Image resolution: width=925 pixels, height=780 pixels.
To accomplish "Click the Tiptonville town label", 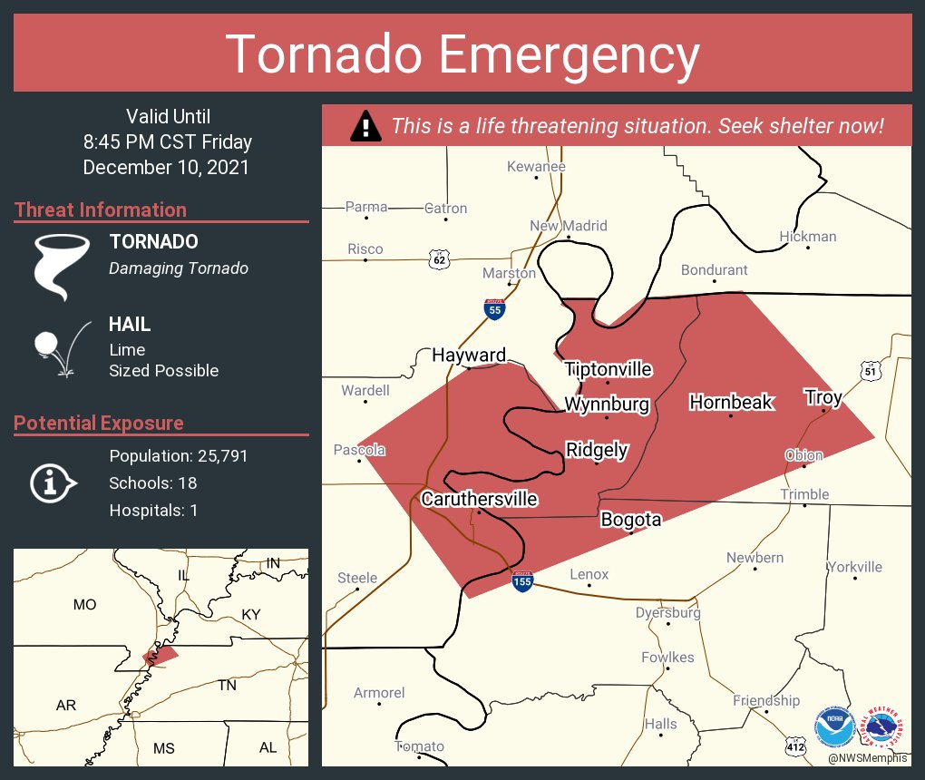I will (x=608, y=369).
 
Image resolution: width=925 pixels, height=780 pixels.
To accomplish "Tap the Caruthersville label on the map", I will (x=479, y=499).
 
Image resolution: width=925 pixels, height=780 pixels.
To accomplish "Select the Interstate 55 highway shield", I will (x=494, y=309).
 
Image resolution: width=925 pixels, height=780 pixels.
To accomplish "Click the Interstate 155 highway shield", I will (x=522, y=580).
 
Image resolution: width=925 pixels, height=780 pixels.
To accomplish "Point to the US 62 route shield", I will (x=440, y=260).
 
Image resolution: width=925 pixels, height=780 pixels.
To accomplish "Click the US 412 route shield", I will (x=795, y=746).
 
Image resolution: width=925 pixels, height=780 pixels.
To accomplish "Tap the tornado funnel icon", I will (x=62, y=265).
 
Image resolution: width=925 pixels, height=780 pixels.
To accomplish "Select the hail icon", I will (x=59, y=348).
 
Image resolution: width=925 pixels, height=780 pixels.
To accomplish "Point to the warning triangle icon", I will (x=365, y=125).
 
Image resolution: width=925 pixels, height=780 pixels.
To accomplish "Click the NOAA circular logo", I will (x=834, y=726).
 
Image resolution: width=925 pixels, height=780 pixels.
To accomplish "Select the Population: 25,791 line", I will (x=178, y=456).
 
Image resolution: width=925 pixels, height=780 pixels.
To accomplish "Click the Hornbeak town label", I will (x=731, y=402).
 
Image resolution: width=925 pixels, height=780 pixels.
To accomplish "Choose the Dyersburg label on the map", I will (x=667, y=613).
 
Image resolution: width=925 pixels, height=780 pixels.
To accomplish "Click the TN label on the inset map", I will (x=227, y=686).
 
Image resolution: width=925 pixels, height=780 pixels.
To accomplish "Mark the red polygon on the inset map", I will (x=161, y=656).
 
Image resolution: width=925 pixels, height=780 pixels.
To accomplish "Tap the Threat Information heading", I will (x=101, y=210).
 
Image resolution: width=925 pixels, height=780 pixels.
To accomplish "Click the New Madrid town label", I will (x=569, y=226).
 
